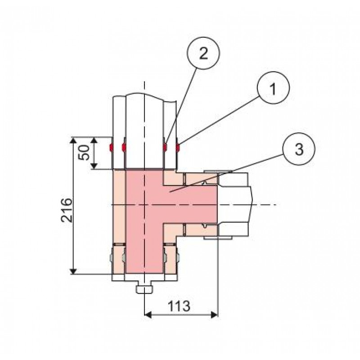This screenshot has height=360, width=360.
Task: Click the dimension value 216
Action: pos(67,210)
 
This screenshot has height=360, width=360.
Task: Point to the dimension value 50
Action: pos(84,153)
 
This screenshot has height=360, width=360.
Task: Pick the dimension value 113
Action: pos(179,306)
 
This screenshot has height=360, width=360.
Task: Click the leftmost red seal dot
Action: pos(111,148)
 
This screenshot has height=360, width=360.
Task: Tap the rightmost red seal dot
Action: pos(178,148)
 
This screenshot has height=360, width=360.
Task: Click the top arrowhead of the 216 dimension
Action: pos(73,140)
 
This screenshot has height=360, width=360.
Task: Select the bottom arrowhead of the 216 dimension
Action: pos(73,271)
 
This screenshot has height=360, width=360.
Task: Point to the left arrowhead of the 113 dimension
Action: pos(148,315)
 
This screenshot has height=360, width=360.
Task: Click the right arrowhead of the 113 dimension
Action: pos(214,315)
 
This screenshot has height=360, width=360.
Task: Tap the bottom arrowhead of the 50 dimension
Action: pos(94,166)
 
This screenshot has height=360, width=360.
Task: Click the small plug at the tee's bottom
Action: pos(144,289)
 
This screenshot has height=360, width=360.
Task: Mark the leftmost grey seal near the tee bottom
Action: pos(111,258)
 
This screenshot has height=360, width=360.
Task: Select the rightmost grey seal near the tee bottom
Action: pos(178,258)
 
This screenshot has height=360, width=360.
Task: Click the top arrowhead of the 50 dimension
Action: pos(94,140)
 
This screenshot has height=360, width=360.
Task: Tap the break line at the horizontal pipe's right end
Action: pos(252,204)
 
